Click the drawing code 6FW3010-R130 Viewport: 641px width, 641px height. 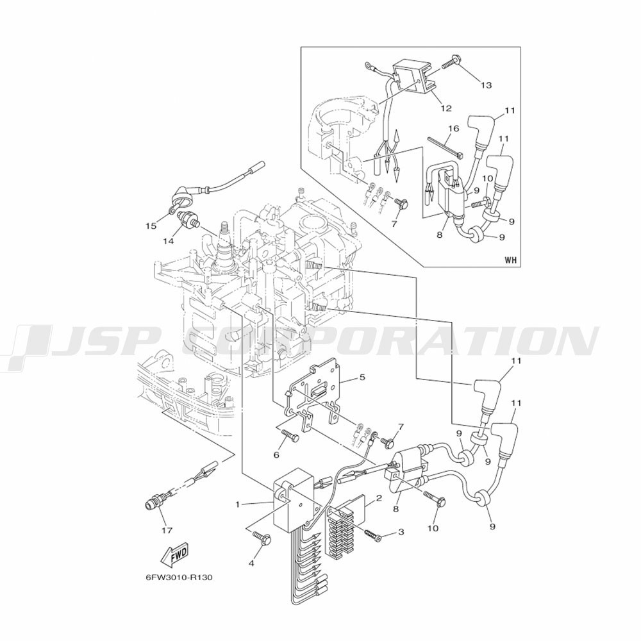coord(179,578)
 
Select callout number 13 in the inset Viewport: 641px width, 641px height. coord(486,85)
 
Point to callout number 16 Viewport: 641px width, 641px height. coord(454,128)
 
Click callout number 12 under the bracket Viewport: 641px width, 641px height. coord(446,108)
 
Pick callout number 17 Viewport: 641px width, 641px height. coord(167,530)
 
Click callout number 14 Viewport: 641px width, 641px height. coord(169,241)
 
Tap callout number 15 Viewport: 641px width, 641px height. coord(151,226)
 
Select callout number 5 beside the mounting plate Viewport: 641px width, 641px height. coord(362,377)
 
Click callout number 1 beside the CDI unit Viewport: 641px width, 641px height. coord(238,504)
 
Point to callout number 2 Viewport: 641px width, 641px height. coord(379,498)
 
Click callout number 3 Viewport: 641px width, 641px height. coord(401,531)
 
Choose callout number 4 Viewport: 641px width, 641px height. coord(251,563)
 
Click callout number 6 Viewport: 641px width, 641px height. coord(276,454)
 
